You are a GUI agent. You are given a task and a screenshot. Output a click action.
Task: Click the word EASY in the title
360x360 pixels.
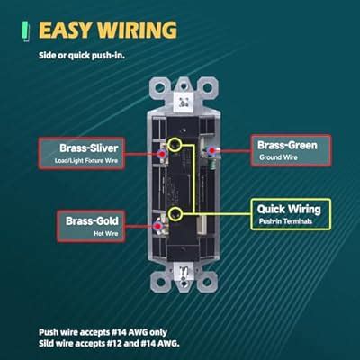[65, 30]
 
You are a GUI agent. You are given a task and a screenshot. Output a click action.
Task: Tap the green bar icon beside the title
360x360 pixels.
[26, 31]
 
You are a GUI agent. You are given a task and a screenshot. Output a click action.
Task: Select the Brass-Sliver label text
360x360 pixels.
[88, 148]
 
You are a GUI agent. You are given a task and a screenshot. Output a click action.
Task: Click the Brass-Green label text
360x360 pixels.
[287, 145]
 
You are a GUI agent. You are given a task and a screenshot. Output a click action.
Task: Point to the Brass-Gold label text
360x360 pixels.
[92, 221]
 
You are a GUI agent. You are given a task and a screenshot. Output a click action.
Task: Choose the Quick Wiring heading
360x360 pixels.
[289, 209]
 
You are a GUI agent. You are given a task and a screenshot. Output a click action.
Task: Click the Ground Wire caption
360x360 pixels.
[278, 157]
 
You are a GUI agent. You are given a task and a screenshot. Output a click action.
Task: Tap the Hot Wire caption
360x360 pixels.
[106, 233]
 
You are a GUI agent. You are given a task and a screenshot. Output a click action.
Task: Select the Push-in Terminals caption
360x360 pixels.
[285, 221]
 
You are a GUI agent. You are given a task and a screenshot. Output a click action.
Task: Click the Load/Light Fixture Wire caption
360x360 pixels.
[86, 161]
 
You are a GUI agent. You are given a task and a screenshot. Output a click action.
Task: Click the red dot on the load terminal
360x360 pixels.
[162, 154]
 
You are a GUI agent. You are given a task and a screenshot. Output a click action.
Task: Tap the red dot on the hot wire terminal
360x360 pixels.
[158, 227]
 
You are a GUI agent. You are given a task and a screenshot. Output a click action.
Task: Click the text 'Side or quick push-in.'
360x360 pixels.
[82, 56]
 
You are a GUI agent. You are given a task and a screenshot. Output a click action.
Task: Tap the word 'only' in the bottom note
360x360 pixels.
[158, 332]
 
